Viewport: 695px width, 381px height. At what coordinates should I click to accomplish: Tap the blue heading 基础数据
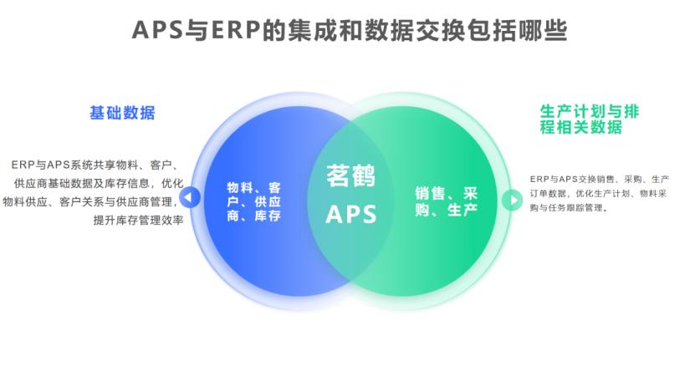tap(122, 113)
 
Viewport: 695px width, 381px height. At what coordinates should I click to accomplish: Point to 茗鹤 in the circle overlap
tap(350, 176)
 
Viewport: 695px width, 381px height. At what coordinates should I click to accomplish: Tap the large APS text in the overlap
tap(350, 215)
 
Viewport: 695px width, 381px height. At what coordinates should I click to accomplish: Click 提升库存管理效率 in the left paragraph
tap(138, 221)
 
